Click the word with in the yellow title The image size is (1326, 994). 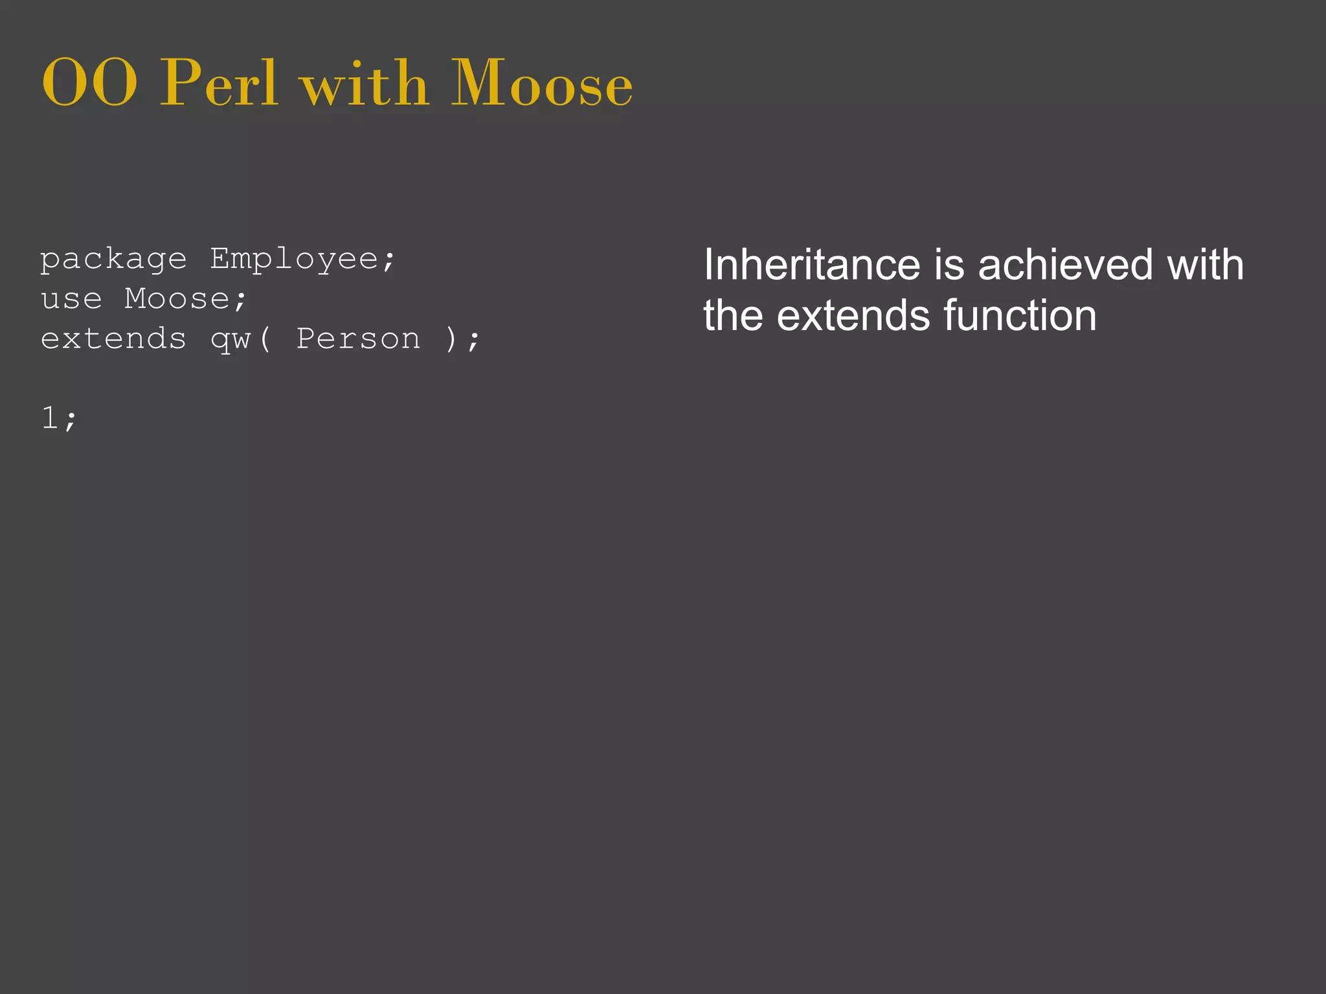[365, 84]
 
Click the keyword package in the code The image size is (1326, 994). [113, 260]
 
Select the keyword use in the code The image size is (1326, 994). [71, 299]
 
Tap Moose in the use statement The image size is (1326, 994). [177, 299]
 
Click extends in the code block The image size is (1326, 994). [113, 339]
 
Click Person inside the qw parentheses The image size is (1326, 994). [358, 339]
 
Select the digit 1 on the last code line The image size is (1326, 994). [49, 417]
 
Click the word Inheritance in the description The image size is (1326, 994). [812, 265]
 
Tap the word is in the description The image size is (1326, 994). [950, 265]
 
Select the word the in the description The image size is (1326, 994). [734, 316]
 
